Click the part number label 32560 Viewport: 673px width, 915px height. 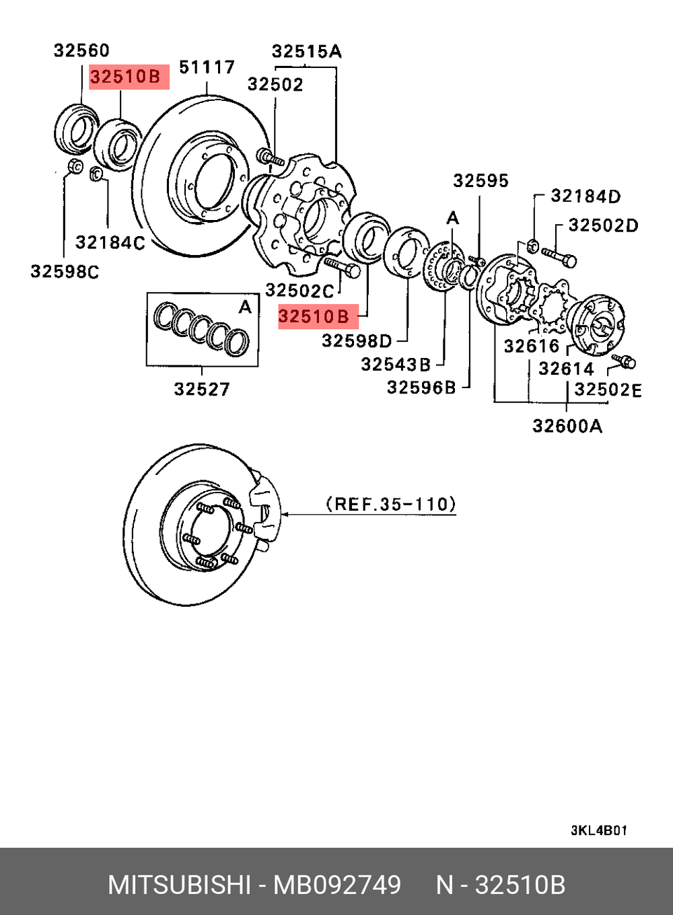coord(81,50)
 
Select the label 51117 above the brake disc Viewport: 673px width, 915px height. coord(207,67)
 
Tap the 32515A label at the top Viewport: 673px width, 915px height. coord(306,51)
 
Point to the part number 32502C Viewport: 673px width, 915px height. coord(299,290)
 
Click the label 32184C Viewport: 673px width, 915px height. coord(110,242)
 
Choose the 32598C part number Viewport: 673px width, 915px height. coord(65,272)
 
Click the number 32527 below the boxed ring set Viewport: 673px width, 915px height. coord(201,389)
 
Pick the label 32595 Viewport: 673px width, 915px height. coord(481,180)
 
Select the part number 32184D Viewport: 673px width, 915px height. coord(586,196)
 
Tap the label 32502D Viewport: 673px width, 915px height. coord(603,225)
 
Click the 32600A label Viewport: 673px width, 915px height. coord(567,426)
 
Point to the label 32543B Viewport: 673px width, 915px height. coord(396,364)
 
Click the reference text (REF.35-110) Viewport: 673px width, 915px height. coord(390,504)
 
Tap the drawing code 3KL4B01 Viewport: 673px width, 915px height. coord(598,830)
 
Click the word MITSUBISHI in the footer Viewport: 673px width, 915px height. coord(179,885)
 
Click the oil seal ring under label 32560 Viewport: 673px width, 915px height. coord(75,128)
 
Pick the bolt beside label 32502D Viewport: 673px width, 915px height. coord(558,256)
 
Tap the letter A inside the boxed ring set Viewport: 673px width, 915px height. coord(245,307)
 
